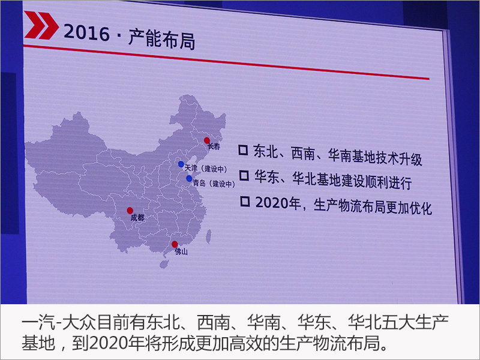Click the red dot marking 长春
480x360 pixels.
click(207, 140)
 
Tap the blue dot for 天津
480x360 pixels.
click(181, 164)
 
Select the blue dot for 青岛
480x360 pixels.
click(189, 178)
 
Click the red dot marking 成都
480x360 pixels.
click(130, 211)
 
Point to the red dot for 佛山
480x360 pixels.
click(175, 244)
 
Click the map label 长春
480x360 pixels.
click(214, 146)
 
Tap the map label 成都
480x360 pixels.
click(137, 218)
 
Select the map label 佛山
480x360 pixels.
click(181, 251)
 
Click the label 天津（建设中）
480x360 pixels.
click(206, 169)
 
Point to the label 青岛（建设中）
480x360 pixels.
click(214, 184)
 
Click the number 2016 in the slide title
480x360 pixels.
click(86, 33)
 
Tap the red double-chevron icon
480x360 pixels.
click(41, 25)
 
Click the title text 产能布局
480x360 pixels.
click(161, 39)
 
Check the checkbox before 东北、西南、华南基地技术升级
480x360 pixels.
click(243, 149)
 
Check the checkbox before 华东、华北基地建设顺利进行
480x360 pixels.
click(244, 175)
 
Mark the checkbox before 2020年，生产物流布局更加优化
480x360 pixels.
click(245, 201)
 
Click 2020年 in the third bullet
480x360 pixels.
click(278, 203)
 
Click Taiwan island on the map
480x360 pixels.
click(208, 236)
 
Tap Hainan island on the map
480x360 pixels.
click(164, 264)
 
